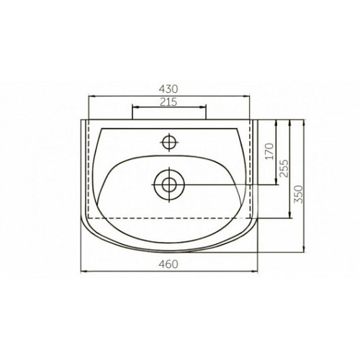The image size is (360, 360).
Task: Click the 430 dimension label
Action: click(x=168, y=89)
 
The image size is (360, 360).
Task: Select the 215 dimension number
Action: click(x=168, y=102)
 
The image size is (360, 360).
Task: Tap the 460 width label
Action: click(x=168, y=264)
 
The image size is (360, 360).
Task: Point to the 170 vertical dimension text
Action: click(x=270, y=151)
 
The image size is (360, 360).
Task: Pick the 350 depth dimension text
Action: click(x=299, y=194)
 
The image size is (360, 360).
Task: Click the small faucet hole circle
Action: click(x=169, y=142)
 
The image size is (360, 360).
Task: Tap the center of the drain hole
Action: click(x=169, y=185)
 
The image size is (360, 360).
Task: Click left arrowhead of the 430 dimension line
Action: click(x=92, y=96)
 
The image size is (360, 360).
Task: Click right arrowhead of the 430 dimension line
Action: click(x=246, y=96)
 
